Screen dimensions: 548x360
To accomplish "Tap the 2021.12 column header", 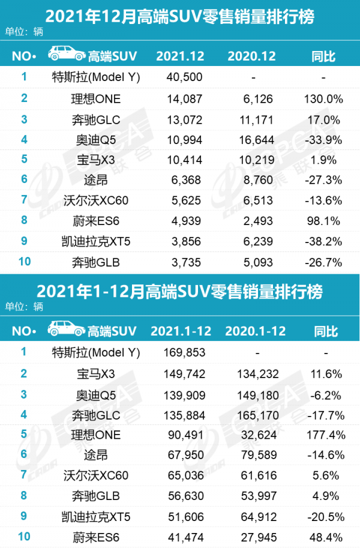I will [x=180, y=56].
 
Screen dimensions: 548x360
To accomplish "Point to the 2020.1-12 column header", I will [x=255, y=331].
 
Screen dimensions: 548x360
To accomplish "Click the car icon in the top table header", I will [x=67, y=56].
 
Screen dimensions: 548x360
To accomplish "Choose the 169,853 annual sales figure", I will [x=184, y=352].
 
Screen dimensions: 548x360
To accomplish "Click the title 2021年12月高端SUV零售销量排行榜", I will [x=179, y=14].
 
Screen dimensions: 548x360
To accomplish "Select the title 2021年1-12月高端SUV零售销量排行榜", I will [x=179, y=291].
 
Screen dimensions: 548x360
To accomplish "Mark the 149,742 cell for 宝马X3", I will [x=184, y=373].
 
